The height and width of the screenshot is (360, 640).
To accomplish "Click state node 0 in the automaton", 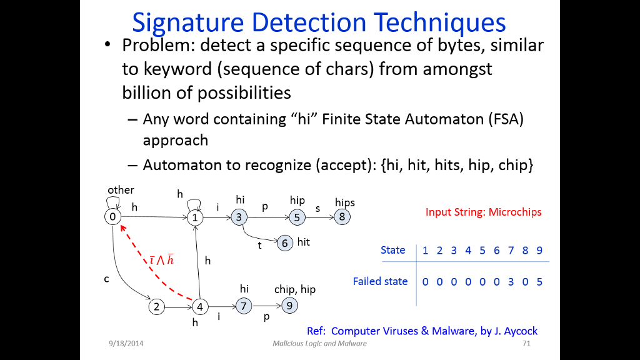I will [x=112, y=217].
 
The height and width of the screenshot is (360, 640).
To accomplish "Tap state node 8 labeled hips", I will [x=342, y=217].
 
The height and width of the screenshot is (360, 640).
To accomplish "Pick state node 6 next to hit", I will [x=284, y=242].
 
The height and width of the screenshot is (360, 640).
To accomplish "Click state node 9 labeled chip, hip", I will [x=289, y=306].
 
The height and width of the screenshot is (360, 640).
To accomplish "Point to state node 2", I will [x=156, y=306].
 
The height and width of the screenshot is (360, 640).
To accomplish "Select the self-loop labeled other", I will [x=113, y=200].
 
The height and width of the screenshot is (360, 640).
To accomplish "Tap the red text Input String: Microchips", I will [x=483, y=212].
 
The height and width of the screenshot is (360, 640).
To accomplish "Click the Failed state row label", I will [x=380, y=281].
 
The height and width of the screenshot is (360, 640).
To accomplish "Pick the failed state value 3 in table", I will [x=511, y=282].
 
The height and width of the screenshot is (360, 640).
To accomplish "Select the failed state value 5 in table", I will [x=539, y=282].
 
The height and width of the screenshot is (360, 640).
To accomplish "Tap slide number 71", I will [x=526, y=344].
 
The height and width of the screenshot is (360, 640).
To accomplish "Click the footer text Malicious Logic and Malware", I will [x=319, y=344].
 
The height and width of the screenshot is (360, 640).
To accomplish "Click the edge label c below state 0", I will [x=107, y=279].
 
